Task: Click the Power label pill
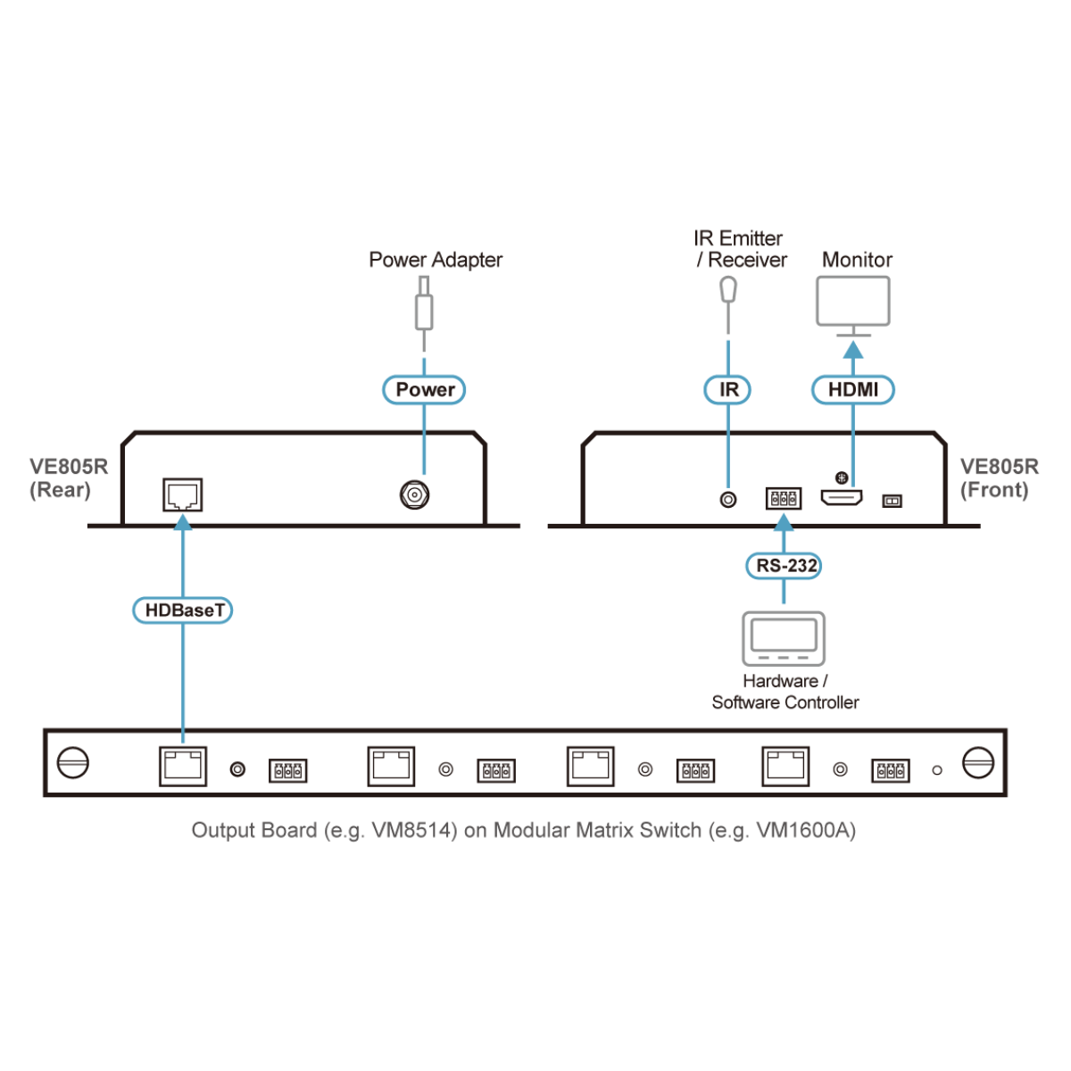click(424, 390)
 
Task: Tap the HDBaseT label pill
click(183, 610)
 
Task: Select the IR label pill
click(727, 390)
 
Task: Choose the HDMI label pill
click(852, 390)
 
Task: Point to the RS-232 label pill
click(784, 566)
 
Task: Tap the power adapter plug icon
click(424, 308)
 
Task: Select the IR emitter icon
click(728, 290)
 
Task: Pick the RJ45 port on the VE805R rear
click(183, 494)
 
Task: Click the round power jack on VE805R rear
click(415, 494)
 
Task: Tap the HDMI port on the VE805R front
click(842, 498)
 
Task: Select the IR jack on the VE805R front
click(728, 500)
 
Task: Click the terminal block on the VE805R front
click(784, 498)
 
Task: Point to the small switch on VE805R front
click(892, 502)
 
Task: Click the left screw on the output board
click(73, 763)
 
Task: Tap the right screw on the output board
click(978, 763)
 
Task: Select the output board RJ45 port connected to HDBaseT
click(183, 766)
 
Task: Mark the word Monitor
click(857, 260)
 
